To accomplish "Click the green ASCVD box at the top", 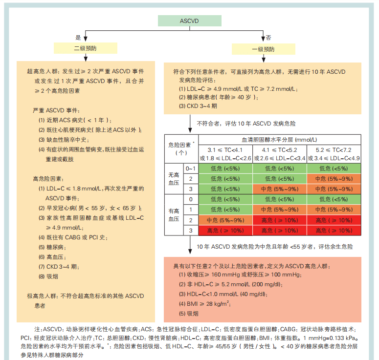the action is click(190, 21).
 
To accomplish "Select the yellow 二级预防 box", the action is click(86, 48).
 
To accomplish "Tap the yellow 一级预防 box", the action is click(264, 49).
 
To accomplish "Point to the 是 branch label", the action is click(78, 38).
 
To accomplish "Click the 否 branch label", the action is click(268, 38).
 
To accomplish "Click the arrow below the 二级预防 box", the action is click(86, 58).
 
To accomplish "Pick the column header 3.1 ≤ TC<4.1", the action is click(225, 150).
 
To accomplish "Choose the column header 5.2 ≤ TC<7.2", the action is click(334, 150).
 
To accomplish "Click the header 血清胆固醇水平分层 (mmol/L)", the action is click(279, 140).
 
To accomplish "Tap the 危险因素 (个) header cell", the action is click(181, 148).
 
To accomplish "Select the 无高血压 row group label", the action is click(174, 179).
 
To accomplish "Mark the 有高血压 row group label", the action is click(174, 215).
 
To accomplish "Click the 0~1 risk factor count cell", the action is click(191, 169).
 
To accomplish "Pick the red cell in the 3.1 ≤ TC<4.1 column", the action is click(225, 231).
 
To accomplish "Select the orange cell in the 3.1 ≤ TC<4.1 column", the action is click(225, 220).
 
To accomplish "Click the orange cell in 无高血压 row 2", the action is click(334, 179).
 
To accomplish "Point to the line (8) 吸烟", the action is click(48, 276).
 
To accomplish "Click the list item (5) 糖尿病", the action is click(52, 247).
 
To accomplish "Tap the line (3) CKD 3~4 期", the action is click(198, 106).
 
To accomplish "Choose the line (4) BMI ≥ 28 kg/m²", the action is click(205, 304).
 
